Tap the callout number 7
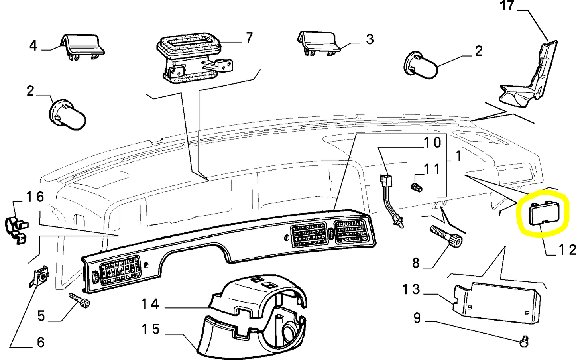pyautogui.click(x=249, y=38)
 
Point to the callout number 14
pyautogui.click(x=150, y=304)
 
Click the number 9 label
pyautogui.click(x=417, y=318)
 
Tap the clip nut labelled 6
pyautogui.click(x=41, y=276)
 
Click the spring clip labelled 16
pyautogui.click(x=17, y=229)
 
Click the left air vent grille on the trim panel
pyautogui.click(x=120, y=270)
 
